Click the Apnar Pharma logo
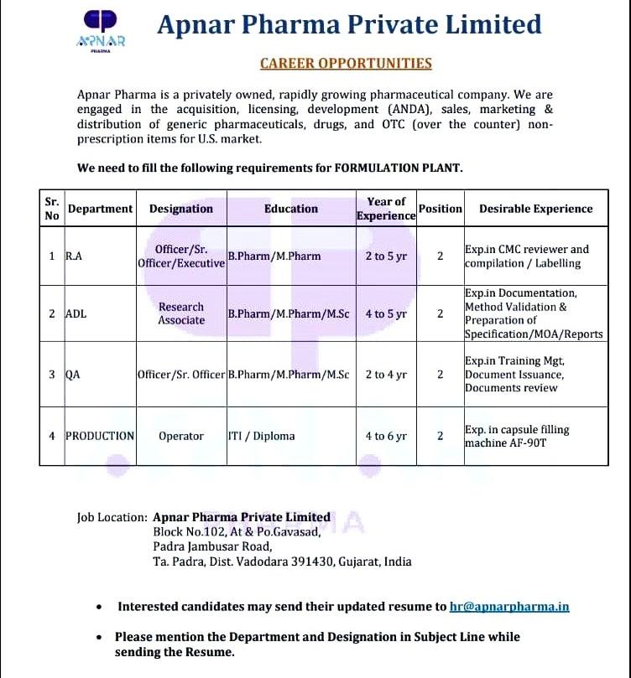(x=100, y=31)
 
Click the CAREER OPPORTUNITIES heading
(x=346, y=63)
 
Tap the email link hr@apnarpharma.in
(x=509, y=606)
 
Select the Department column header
(x=100, y=209)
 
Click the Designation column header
(x=181, y=209)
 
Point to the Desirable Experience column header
(x=535, y=209)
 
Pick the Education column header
(x=291, y=209)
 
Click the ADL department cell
(x=76, y=313)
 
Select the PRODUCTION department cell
(x=100, y=436)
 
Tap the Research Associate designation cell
(x=181, y=313)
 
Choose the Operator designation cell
(x=181, y=436)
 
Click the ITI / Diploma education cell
(x=261, y=436)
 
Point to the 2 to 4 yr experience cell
(x=386, y=375)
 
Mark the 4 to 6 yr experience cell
(x=386, y=436)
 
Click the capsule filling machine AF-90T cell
(x=517, y=436)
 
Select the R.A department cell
(x=74, y=256)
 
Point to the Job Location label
(x=112, y=517)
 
